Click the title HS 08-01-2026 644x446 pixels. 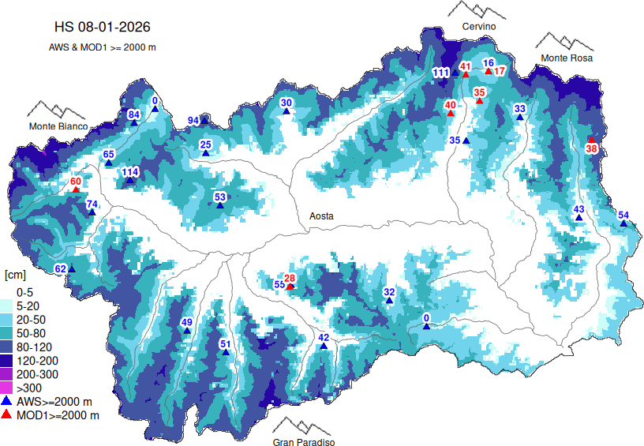pyautogui.click(x=103, y=28)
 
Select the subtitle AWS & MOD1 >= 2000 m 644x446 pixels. pyautogui.click(x=103, y=47)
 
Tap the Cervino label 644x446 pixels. pyautogui.click(x=479, y=27)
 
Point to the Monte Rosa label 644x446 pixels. pyautogui.click(x=566, y=58)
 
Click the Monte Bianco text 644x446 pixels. pyautogui.click(x=58, y=126)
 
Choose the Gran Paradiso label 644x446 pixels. pyautogui.click(x=305, y=443)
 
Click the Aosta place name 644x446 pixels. pyautogui.click(x=320, y=216)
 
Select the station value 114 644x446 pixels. pyautogui.click(x=130, y=172)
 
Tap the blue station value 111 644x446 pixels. pyautogui.click(x=441, y=73)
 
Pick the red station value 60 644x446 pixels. pyautogui.click(x=76, y=182)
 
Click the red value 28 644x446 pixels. pyautogui.click(x=290, y=278)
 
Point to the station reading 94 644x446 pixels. pyautogui.click(x=193, y=121)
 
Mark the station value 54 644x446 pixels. pyautogui.click(x=623, y=216)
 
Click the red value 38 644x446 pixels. pyautogui.click(x=591, y=148)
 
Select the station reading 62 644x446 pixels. pyautogui.click(x=60, y=269)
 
